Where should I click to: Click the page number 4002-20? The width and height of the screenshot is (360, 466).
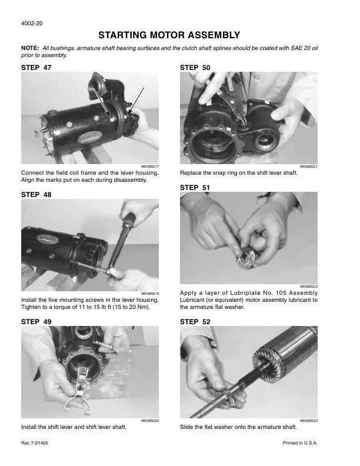32,23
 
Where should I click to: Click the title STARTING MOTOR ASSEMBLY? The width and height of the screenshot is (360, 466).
169,35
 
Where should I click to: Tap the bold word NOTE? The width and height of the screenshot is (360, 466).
30,48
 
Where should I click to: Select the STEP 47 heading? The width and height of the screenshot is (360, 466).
36,68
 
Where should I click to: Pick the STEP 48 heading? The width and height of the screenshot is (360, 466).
36,195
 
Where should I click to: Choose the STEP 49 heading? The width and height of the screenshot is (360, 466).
36,322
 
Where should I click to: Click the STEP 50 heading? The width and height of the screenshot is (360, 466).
195,68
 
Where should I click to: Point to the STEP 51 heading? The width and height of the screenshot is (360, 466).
195,188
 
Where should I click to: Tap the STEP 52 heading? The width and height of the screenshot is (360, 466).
195,322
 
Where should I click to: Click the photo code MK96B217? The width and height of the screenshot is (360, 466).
150,167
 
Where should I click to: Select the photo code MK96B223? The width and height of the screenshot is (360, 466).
309,421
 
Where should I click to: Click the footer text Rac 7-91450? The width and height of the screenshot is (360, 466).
35,443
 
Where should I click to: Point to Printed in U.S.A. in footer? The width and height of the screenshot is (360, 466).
300,443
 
